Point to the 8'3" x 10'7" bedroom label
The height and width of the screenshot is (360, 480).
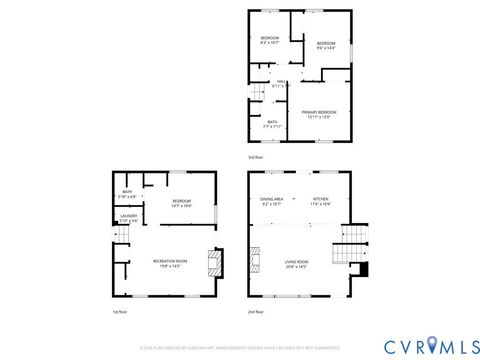pyautogui.click(x=269, y=40)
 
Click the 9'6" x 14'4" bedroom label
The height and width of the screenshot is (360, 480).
pyautogui.click(x=327, y=46)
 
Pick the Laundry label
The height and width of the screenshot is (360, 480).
pyautogui.click(x=129, y=218)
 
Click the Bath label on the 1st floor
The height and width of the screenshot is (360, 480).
pyautogui.click(x=128, y=194)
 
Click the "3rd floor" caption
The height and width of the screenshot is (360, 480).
pyautogui.click(x=256, y=157)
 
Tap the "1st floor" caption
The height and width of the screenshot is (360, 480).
pyautogui.click(x=120, y=311)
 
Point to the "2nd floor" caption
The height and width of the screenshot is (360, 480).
pyautogui.click(x=257, y=311)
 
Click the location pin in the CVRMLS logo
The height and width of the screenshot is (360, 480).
pyautogui.click(x=431, y=346)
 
